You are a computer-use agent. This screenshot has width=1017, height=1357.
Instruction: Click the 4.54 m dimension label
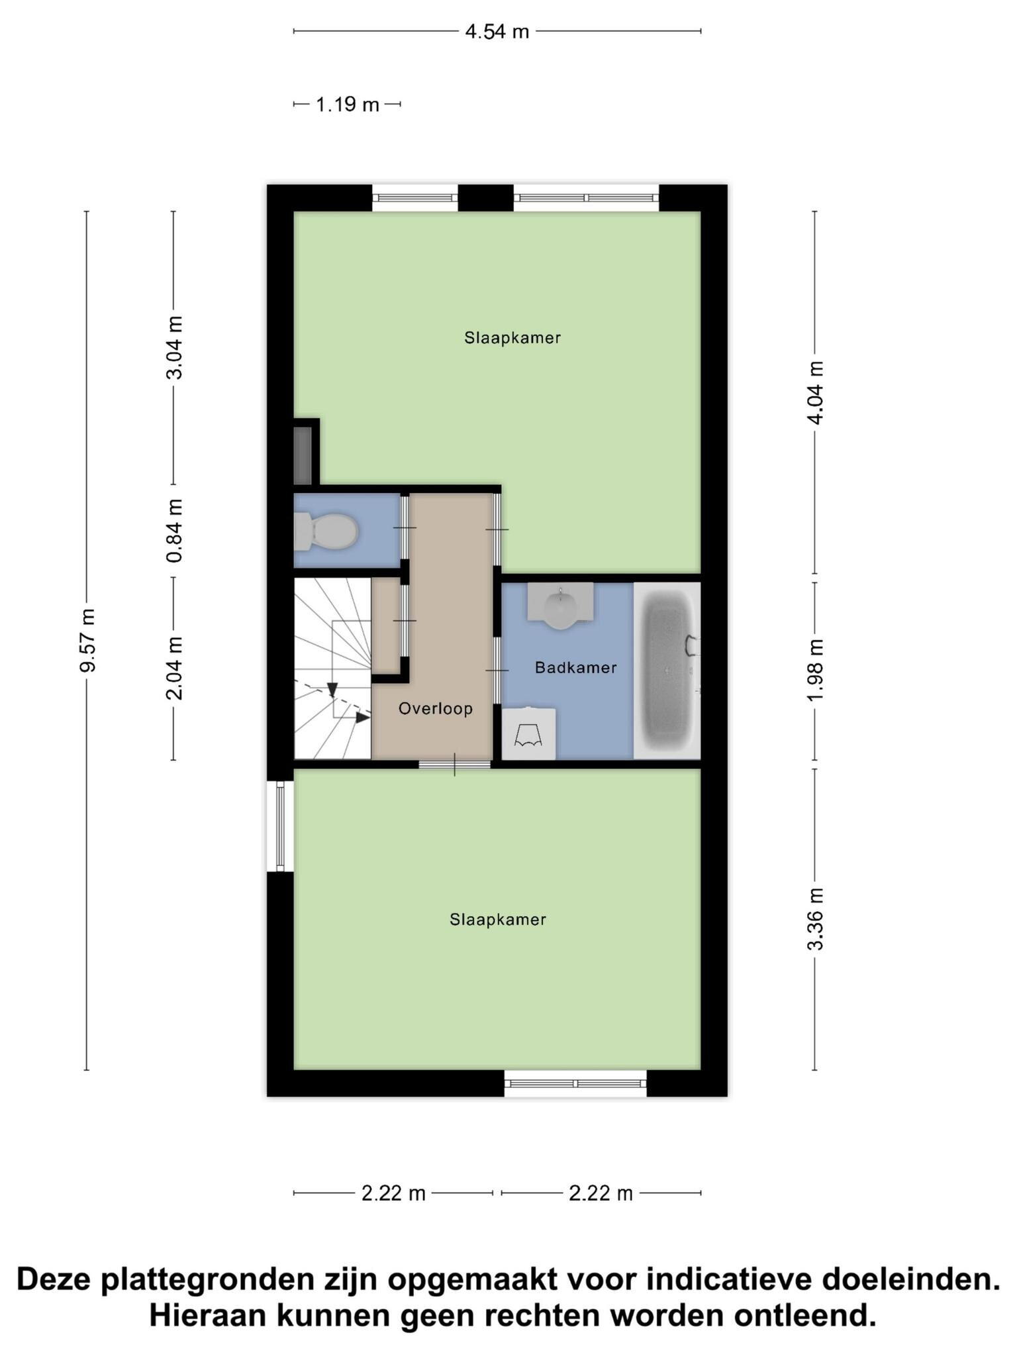click(497, 31)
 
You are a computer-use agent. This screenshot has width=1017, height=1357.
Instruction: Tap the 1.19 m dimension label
click(347, 105)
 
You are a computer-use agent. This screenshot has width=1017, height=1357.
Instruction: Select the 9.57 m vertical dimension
click(87, 640)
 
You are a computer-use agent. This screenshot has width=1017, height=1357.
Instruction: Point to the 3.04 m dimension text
click(174, 347)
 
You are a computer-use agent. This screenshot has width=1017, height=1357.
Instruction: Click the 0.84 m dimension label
click(174, 530)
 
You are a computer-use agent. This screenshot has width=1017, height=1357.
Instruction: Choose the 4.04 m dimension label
click(815, 393)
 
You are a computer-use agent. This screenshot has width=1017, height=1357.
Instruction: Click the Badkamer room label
click(576, 668)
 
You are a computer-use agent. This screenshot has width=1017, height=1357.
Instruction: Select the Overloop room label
click(436, 709)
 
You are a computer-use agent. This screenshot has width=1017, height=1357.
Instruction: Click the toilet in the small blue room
click(326, 531)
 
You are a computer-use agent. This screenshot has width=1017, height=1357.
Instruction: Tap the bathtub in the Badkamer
click(667, 670)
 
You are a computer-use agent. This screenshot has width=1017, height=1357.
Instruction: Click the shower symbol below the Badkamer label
click(528, 733)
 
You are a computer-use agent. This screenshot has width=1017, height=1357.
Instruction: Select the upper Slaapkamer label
click(512, 338)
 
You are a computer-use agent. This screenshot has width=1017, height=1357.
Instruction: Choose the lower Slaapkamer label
click(498, 920)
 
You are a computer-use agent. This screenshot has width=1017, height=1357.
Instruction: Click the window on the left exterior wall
click(280, 826)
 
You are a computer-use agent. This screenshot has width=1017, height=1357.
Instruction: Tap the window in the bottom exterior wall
click(575, 1083)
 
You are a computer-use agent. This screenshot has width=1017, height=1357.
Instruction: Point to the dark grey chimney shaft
click(303, 455)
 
